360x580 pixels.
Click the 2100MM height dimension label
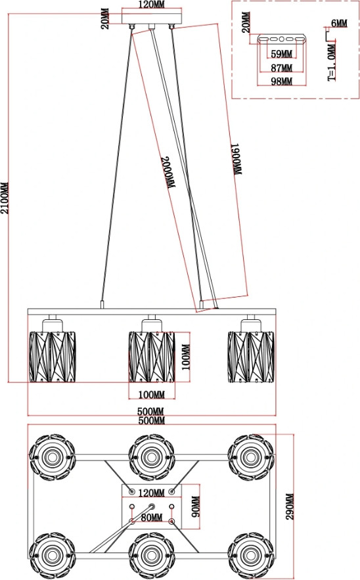click(5, 198)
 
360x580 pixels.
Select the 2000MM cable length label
click(168, 173)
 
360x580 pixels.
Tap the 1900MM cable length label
click(237, 159)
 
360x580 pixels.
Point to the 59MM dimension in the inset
click(282, 54)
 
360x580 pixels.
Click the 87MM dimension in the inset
click(282, 68)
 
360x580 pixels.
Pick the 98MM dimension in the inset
click(282, 81)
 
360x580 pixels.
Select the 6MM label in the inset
click(339, 23)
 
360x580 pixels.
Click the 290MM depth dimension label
click(290, 506)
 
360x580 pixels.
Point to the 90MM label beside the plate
click(196, 506)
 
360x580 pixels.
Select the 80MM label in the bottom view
click(152, 518)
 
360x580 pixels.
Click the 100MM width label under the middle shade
click(151, 395)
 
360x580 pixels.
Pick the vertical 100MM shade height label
click(186, 357)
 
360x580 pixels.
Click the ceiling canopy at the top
click(152, 16)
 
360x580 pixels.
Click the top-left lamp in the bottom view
click(52, 457)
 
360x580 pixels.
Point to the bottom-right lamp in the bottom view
click(251, 556)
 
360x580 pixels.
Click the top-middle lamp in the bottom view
click(151, 457)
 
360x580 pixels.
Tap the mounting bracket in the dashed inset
click(282, 39)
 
